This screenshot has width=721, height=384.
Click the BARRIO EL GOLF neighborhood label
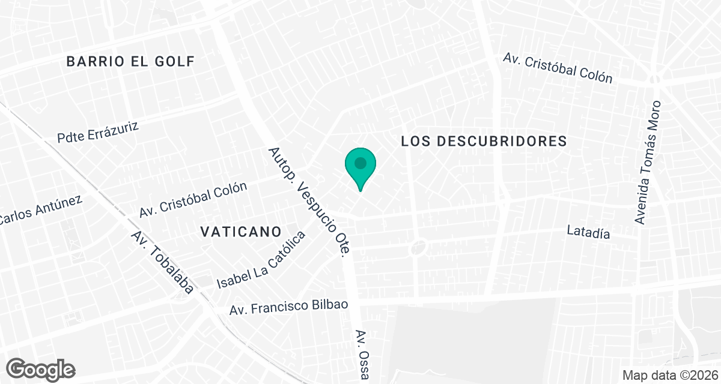click(130, 61)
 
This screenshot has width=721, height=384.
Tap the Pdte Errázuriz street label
click(99, 133)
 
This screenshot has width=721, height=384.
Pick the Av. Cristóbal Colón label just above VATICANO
click(193, 200)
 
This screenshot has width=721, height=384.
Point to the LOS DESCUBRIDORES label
click(484, 141)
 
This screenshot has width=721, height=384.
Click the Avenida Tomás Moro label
click(648, 163)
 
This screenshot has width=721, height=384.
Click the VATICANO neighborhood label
click(241, 232)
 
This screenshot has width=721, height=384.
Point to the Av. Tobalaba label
click(162, 262)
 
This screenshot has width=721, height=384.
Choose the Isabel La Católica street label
click(261, 259)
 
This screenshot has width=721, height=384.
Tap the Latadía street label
click(589, 233)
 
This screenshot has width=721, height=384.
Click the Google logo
click(41, 369)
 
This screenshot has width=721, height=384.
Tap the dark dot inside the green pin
click(360, 163)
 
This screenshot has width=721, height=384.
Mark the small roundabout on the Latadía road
click(419, 246)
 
